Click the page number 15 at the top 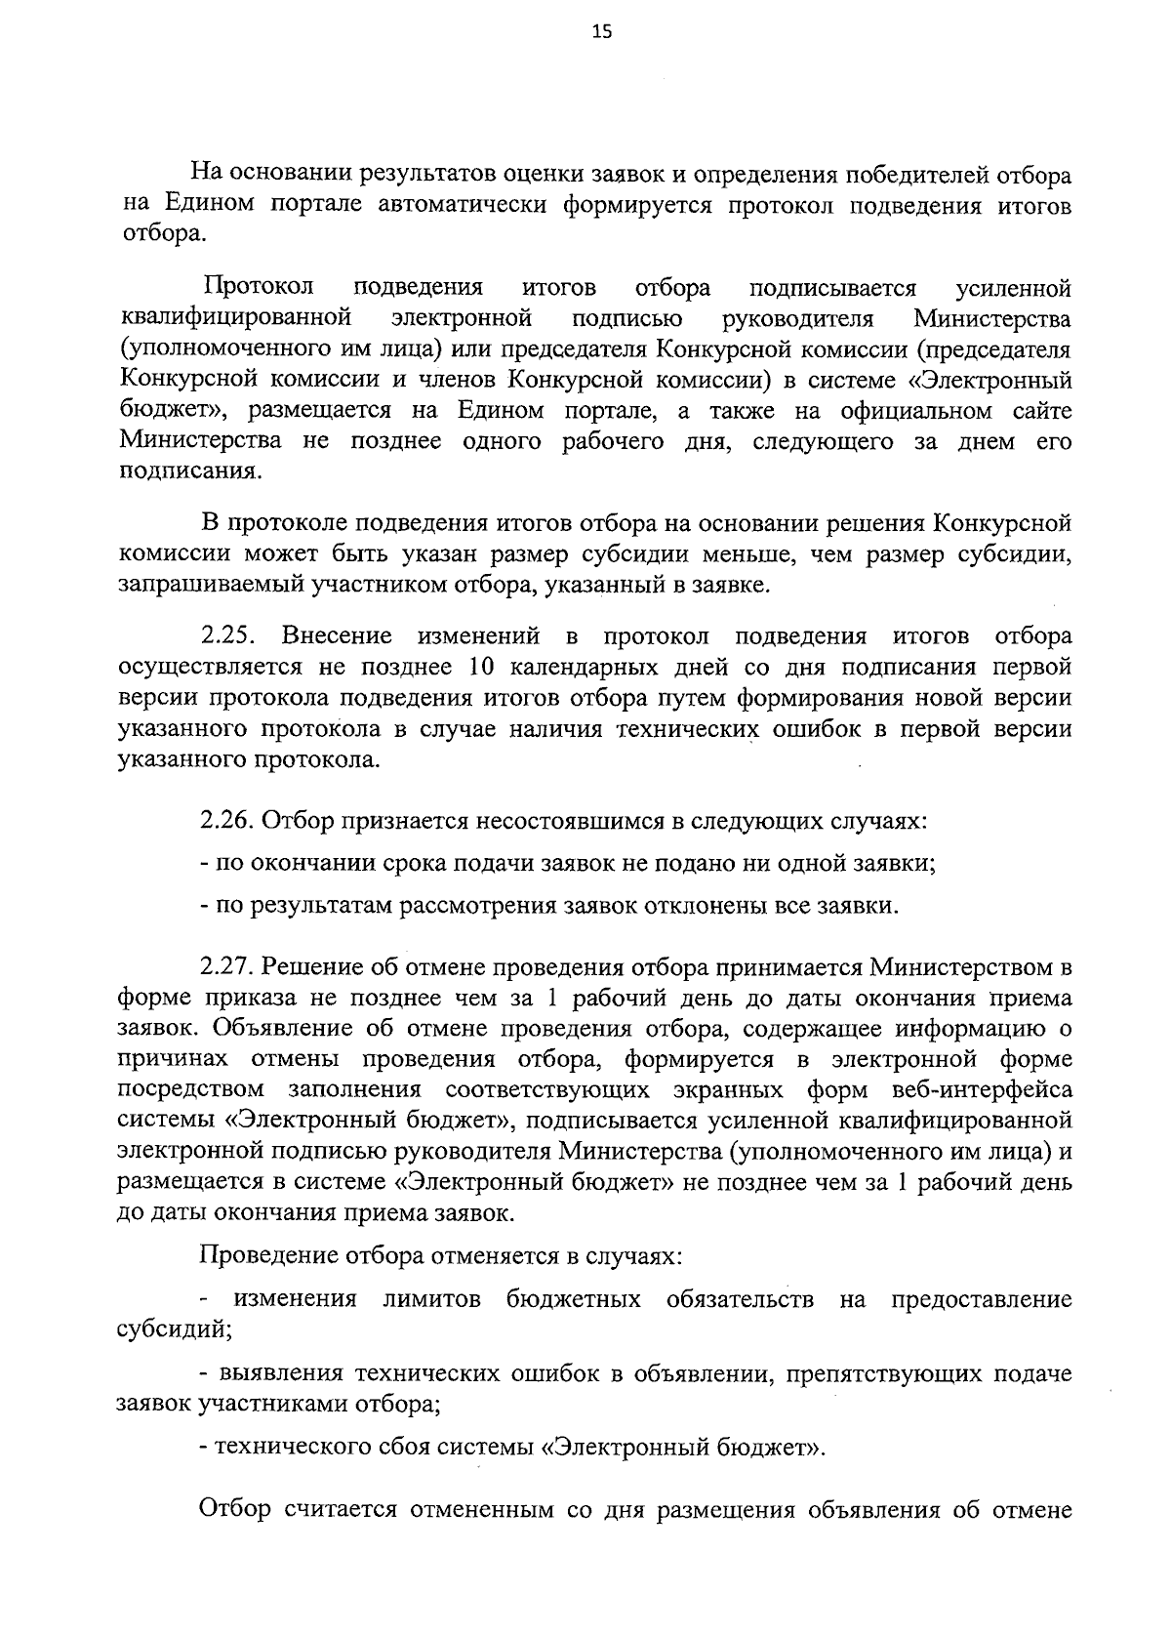602,32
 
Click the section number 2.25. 228,637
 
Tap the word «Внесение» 338,637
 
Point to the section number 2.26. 228,821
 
